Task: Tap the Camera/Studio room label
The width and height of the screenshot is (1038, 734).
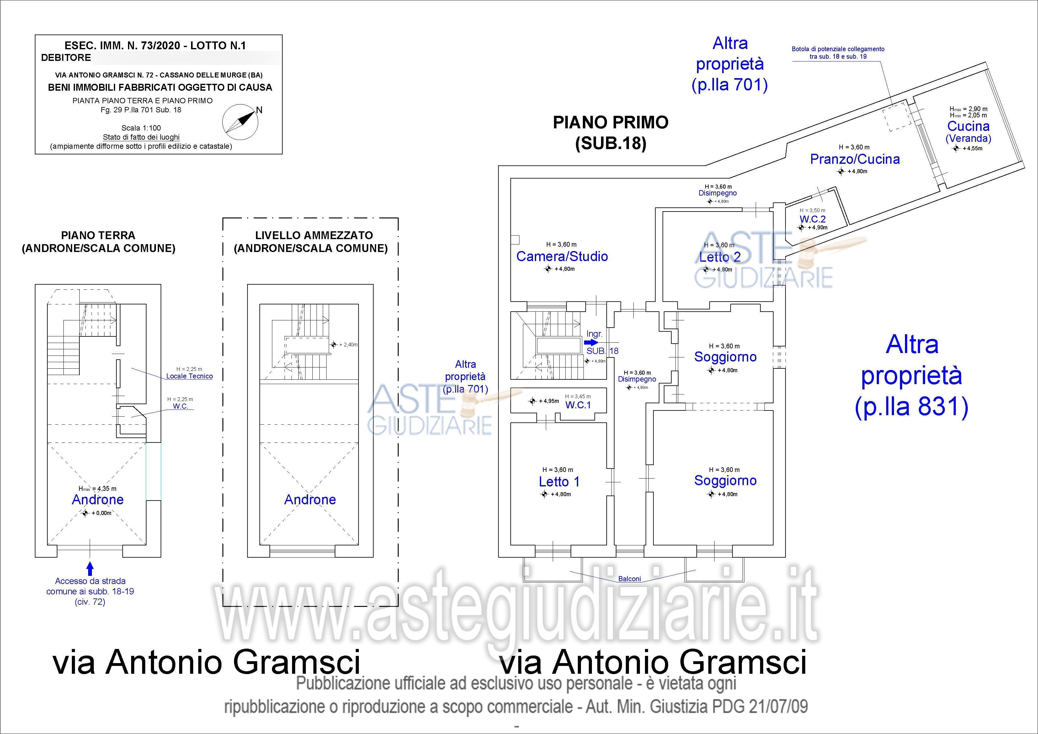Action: point(562,256)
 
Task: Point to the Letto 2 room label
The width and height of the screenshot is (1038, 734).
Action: point(720,257)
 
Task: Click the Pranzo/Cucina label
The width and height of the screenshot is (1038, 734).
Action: point(854,159)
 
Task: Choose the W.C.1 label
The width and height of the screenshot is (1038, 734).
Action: point(578,405)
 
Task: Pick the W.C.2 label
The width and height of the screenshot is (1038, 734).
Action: point(812,219)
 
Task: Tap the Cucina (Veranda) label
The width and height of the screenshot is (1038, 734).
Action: point(968,131)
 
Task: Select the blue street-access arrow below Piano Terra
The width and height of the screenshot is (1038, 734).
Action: point(90,568)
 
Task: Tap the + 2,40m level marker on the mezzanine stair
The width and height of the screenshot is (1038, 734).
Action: point(334,345)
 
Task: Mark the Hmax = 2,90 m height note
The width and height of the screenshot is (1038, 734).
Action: point(968,109)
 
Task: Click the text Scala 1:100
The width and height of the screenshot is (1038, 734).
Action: point(141,128)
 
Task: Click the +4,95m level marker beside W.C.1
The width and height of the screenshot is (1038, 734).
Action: point(533,401)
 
